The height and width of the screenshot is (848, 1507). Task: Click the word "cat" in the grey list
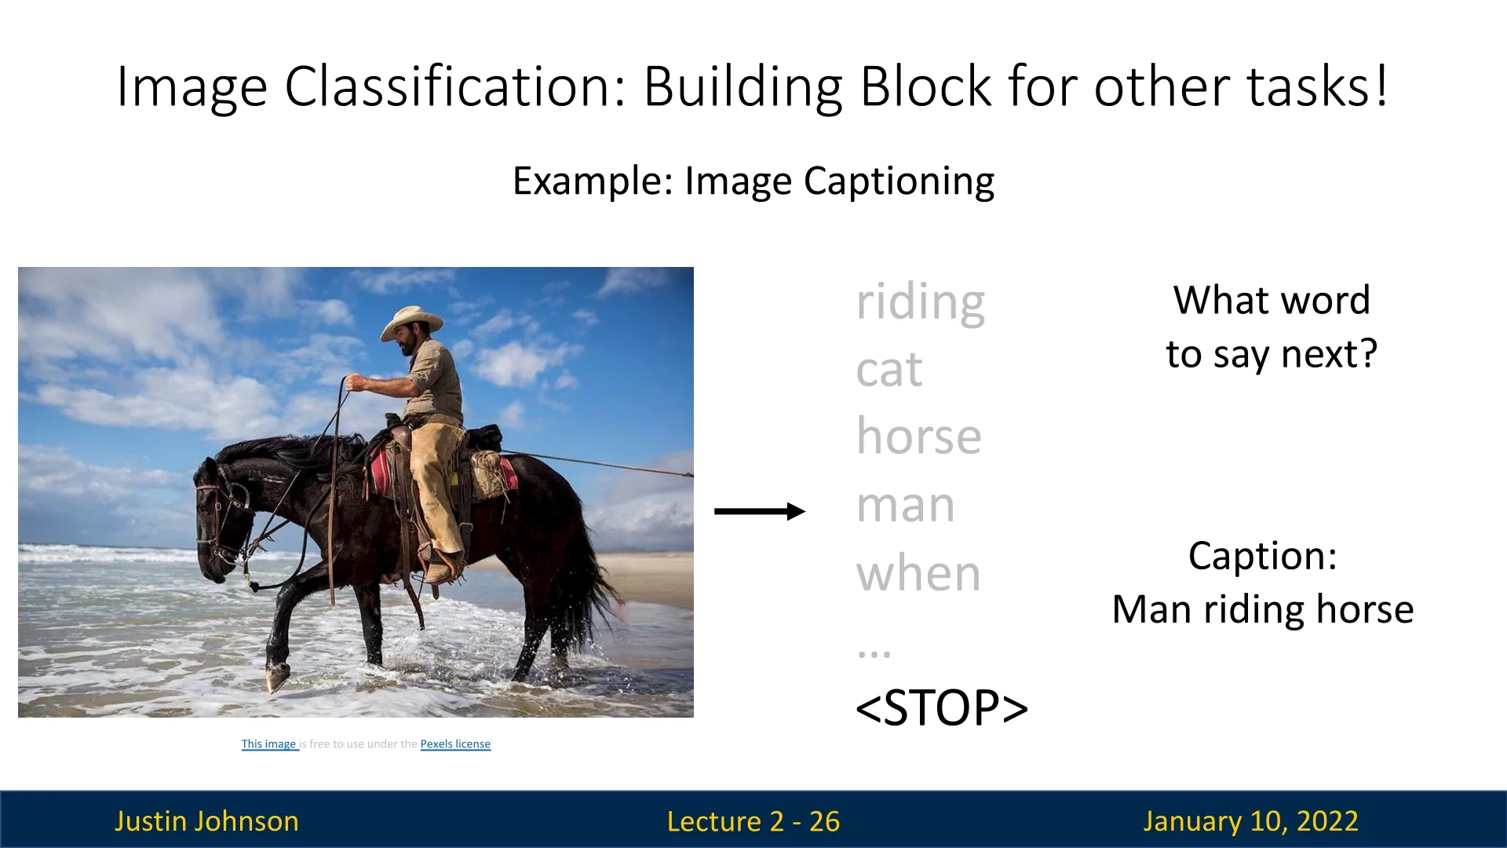click(889, 369)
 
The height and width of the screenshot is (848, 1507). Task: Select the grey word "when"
click(918, 573)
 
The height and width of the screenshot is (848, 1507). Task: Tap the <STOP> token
click(942, 707)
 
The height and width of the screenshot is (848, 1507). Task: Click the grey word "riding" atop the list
click(920, 303)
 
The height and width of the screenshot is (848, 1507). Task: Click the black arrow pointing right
click(760, 511)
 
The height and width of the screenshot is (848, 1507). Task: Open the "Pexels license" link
click(455, 744)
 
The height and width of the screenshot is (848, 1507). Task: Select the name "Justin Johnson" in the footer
click(206, 821)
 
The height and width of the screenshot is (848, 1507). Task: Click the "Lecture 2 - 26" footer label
click(753, 821)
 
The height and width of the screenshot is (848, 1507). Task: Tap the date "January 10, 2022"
click(1250, 821)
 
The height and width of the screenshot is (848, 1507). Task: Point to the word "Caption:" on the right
click(1262, 556)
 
